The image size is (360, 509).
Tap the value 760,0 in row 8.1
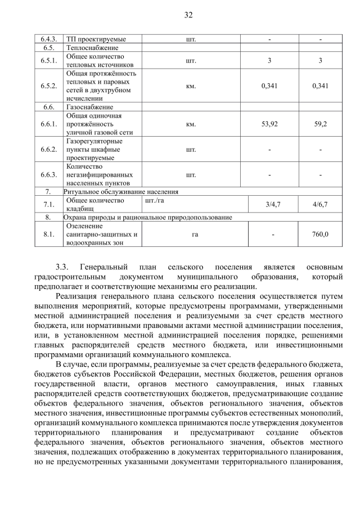tap(320, 234)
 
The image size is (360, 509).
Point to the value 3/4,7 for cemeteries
tap(269, 204)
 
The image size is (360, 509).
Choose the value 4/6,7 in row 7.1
tap(320, 204)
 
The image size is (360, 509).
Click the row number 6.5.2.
tap(49, 86)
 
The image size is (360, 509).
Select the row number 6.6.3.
tap(49, 174)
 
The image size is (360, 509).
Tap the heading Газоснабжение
tap(90, 107)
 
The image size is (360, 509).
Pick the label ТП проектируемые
tap(96, 39)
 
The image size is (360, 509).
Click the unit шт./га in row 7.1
tap(155, 200)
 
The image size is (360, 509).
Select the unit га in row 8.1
tap(191, 234)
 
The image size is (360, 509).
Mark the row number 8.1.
tap(49, 234)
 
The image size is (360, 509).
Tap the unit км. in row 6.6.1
tap(191, 124)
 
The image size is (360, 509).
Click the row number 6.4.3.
tap(49, 39)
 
